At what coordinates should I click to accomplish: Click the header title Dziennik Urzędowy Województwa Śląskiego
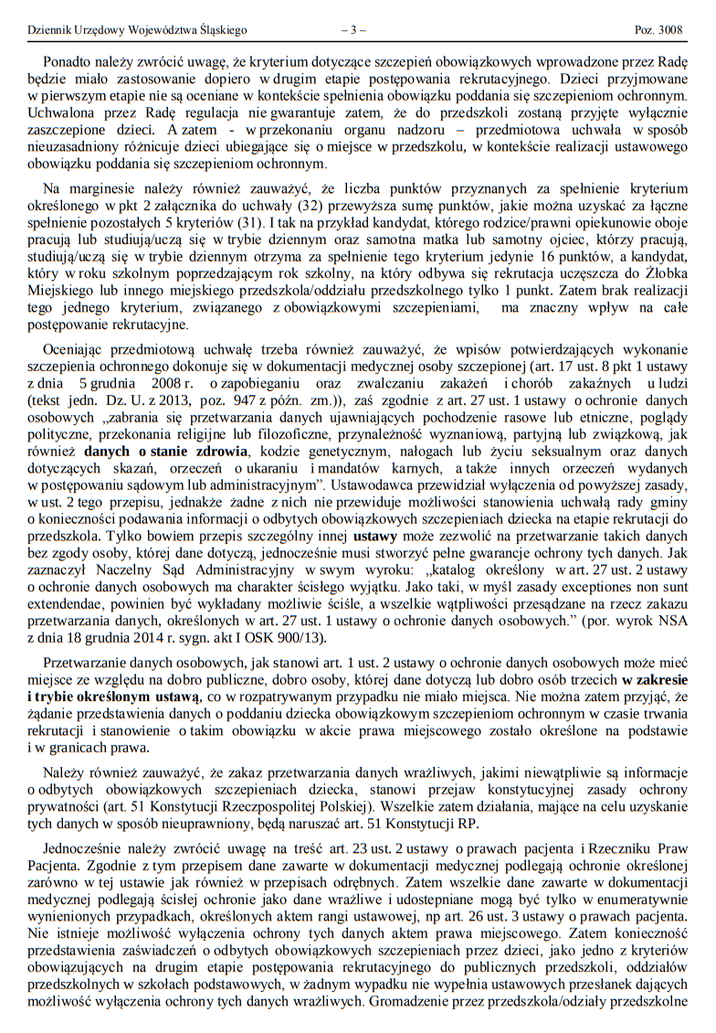coord(138,30)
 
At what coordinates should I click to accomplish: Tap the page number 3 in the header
coord(353,30)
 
